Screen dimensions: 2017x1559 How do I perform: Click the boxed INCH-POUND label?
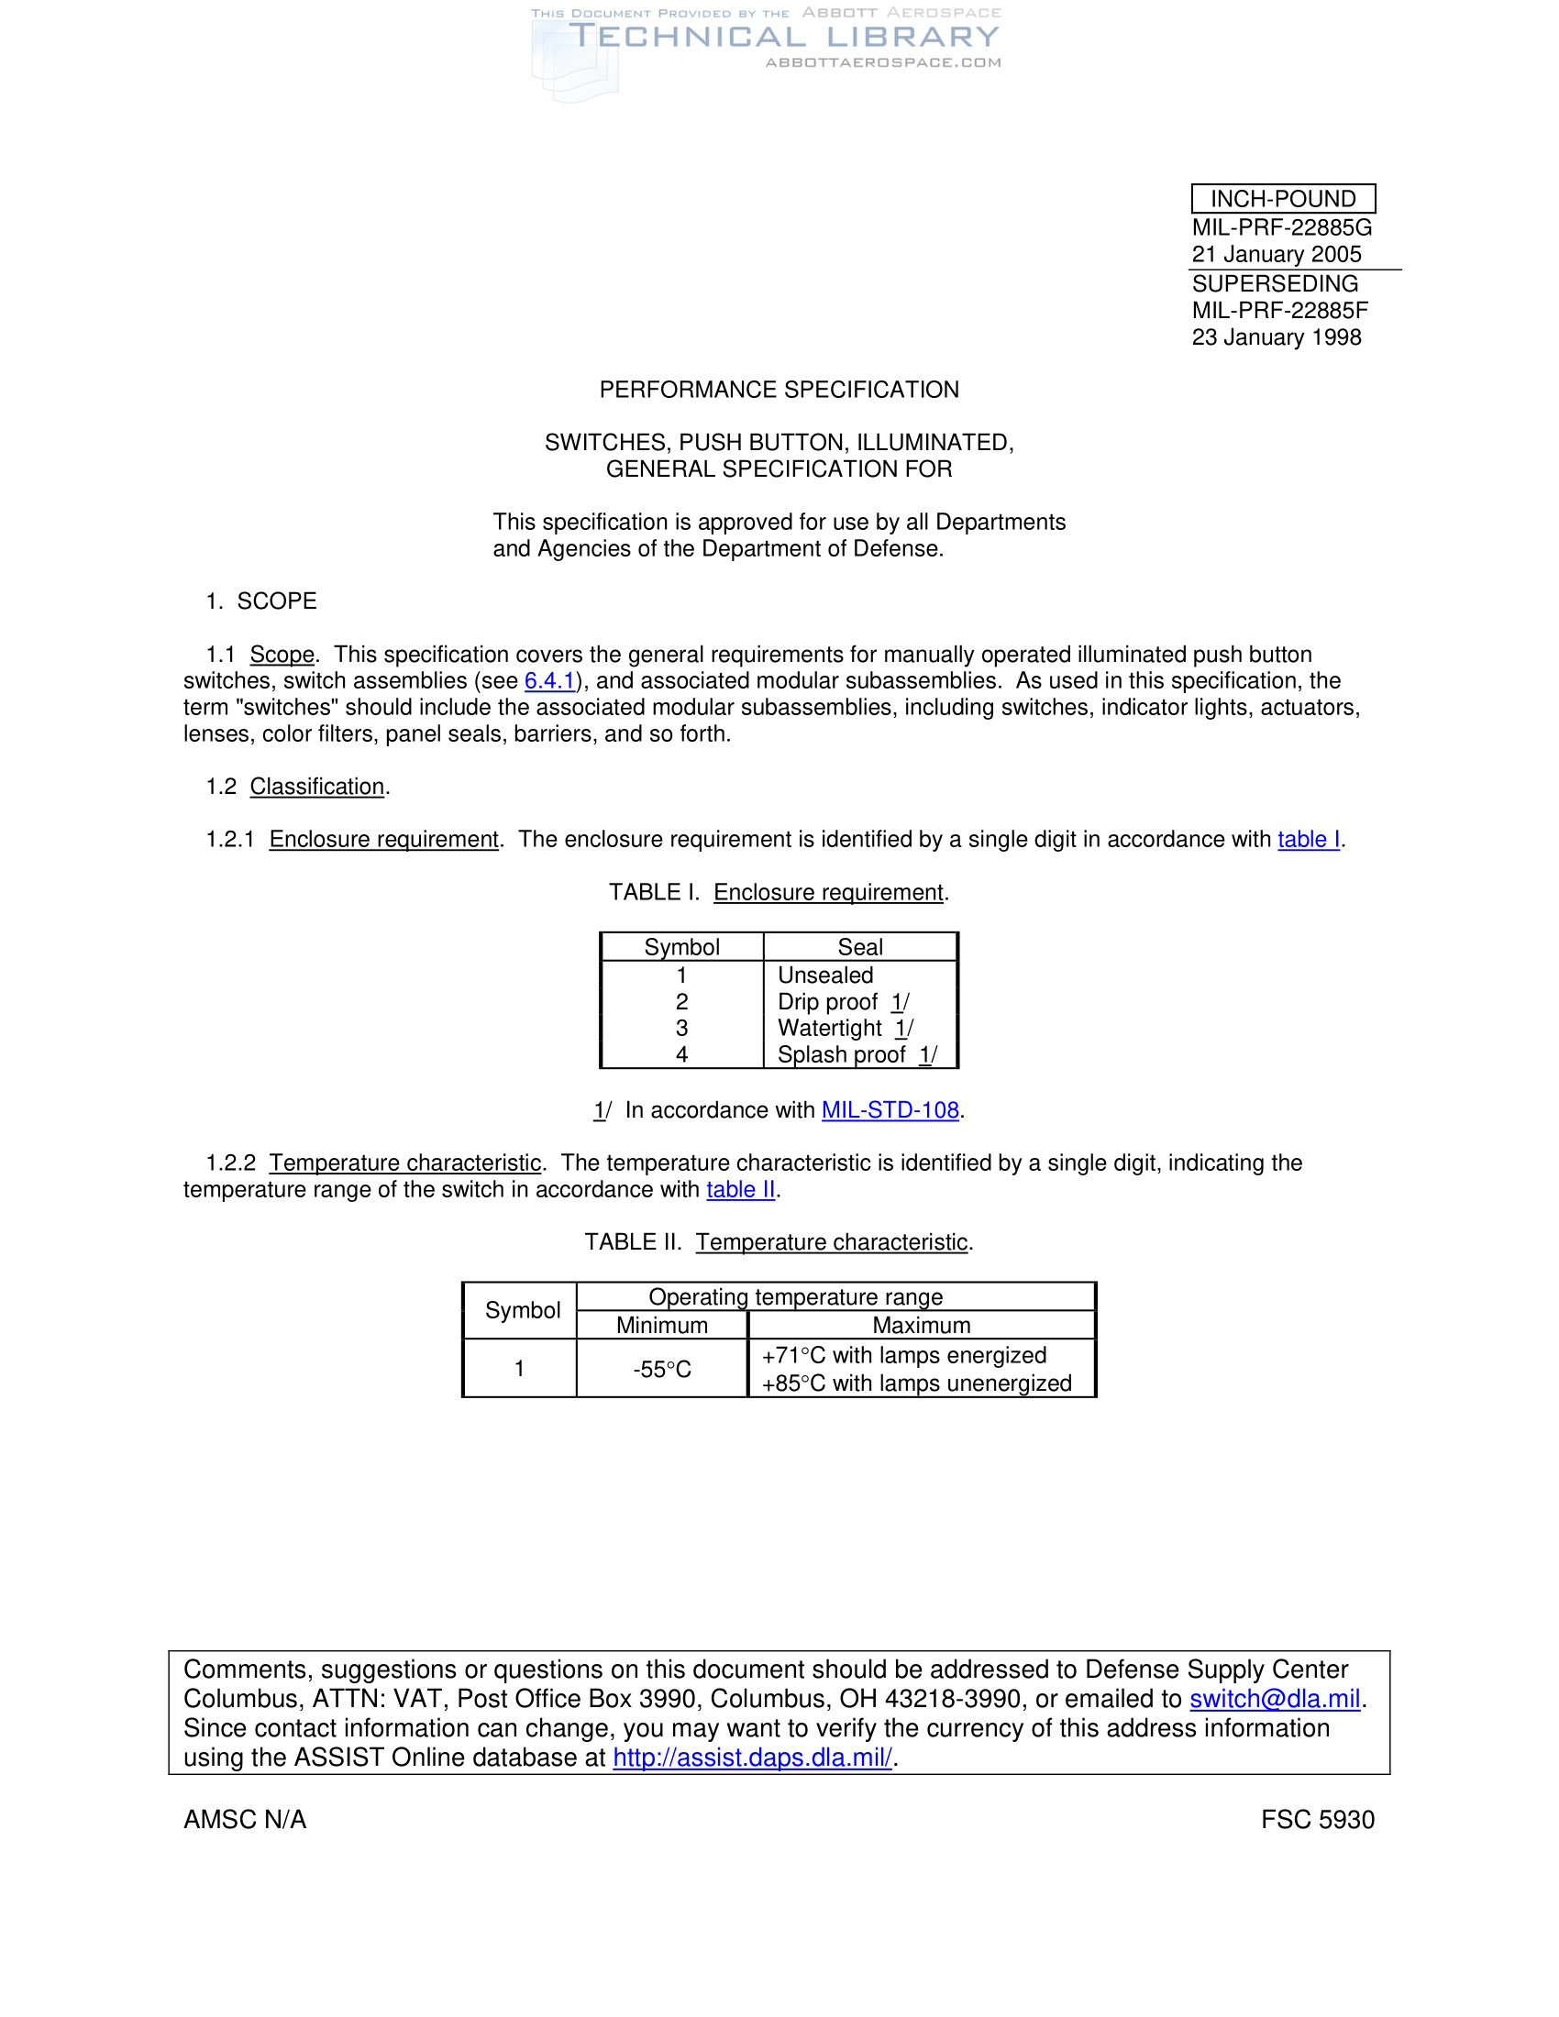[x=1282, y=199]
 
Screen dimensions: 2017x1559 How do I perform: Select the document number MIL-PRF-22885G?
[x=1281, y=227]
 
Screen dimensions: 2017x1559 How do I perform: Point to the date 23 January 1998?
[x=1276, y=337]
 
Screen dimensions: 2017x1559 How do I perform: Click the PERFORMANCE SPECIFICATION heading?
[x=779, y=390]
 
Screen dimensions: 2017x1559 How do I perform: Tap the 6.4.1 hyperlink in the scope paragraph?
[x=549, y=680]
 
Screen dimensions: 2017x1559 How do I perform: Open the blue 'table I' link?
[x=1308, y=839]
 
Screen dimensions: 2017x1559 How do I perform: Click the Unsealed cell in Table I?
[x=824, y=975]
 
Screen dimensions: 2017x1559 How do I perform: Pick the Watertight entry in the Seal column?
[x=829, y=1028]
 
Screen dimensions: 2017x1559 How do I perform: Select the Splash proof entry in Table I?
[x=840, y=1054]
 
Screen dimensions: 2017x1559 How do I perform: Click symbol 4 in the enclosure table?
[x=681, y=1054]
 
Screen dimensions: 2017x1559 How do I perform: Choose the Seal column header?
[x=860, y=947]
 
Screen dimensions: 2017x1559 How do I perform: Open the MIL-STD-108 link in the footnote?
[x=890, y=1110]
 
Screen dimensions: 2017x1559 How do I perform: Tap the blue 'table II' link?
[x=741, y=1189]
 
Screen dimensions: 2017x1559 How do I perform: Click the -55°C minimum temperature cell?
[x=661, y=1369]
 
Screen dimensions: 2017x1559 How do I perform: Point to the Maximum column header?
[x=921, y=1326]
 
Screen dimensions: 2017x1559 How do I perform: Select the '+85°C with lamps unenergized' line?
[x=916, y=1383]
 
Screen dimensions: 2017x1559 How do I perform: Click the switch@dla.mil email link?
[x=1275, y=1699]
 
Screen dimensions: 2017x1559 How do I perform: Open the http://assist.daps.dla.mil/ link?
[x=752, y=1758]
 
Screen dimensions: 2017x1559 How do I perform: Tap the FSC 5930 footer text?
[x=1317, y=1819]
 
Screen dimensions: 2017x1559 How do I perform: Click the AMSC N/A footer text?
[x=245, y=1819]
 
